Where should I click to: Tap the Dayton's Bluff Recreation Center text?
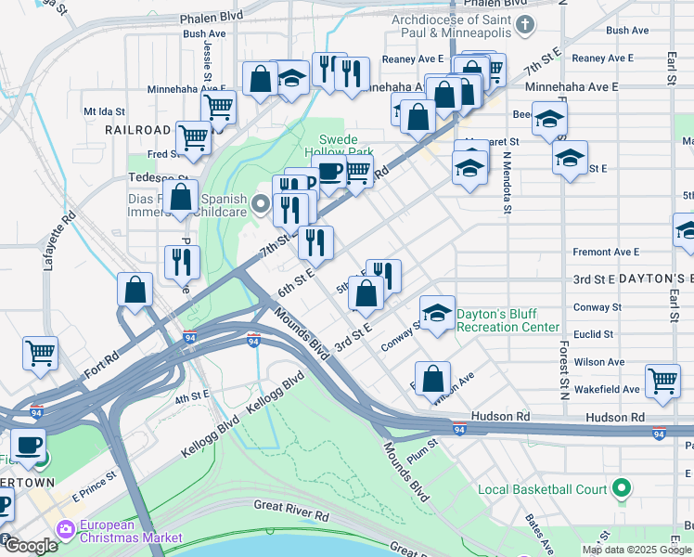click(x=508, y=320)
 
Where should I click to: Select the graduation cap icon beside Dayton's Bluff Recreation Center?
click(x=438, y=313)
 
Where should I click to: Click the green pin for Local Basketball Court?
click(x=623, y=488)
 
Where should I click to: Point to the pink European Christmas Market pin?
click(x=66, y=529)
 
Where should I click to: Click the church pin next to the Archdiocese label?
click(x=526, y=25)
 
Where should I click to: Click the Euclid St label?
click(x=594, y=334)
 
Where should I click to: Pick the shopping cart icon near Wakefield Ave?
click(x=662, y=379)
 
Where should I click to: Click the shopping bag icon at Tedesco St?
click(x=180, y=196)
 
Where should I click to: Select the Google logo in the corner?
click(x=31, y=546)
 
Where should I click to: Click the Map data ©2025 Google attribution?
click(x=636, y=550)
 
